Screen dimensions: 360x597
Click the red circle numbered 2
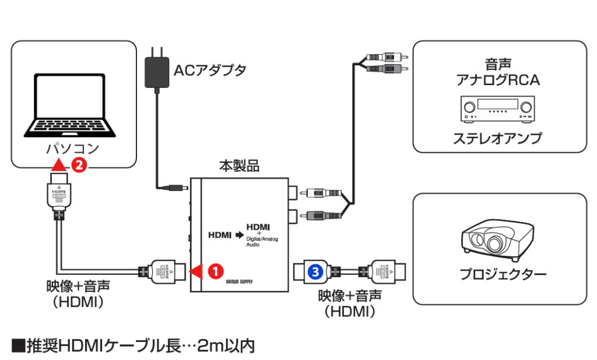click(x=79, y=165)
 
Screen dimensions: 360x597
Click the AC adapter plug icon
click(x=156, y=70)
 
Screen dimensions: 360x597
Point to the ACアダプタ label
click(x=210, y=70)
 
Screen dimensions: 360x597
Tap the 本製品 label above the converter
click(x=239, y=166)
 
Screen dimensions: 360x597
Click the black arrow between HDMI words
click(x=238, y=235)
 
